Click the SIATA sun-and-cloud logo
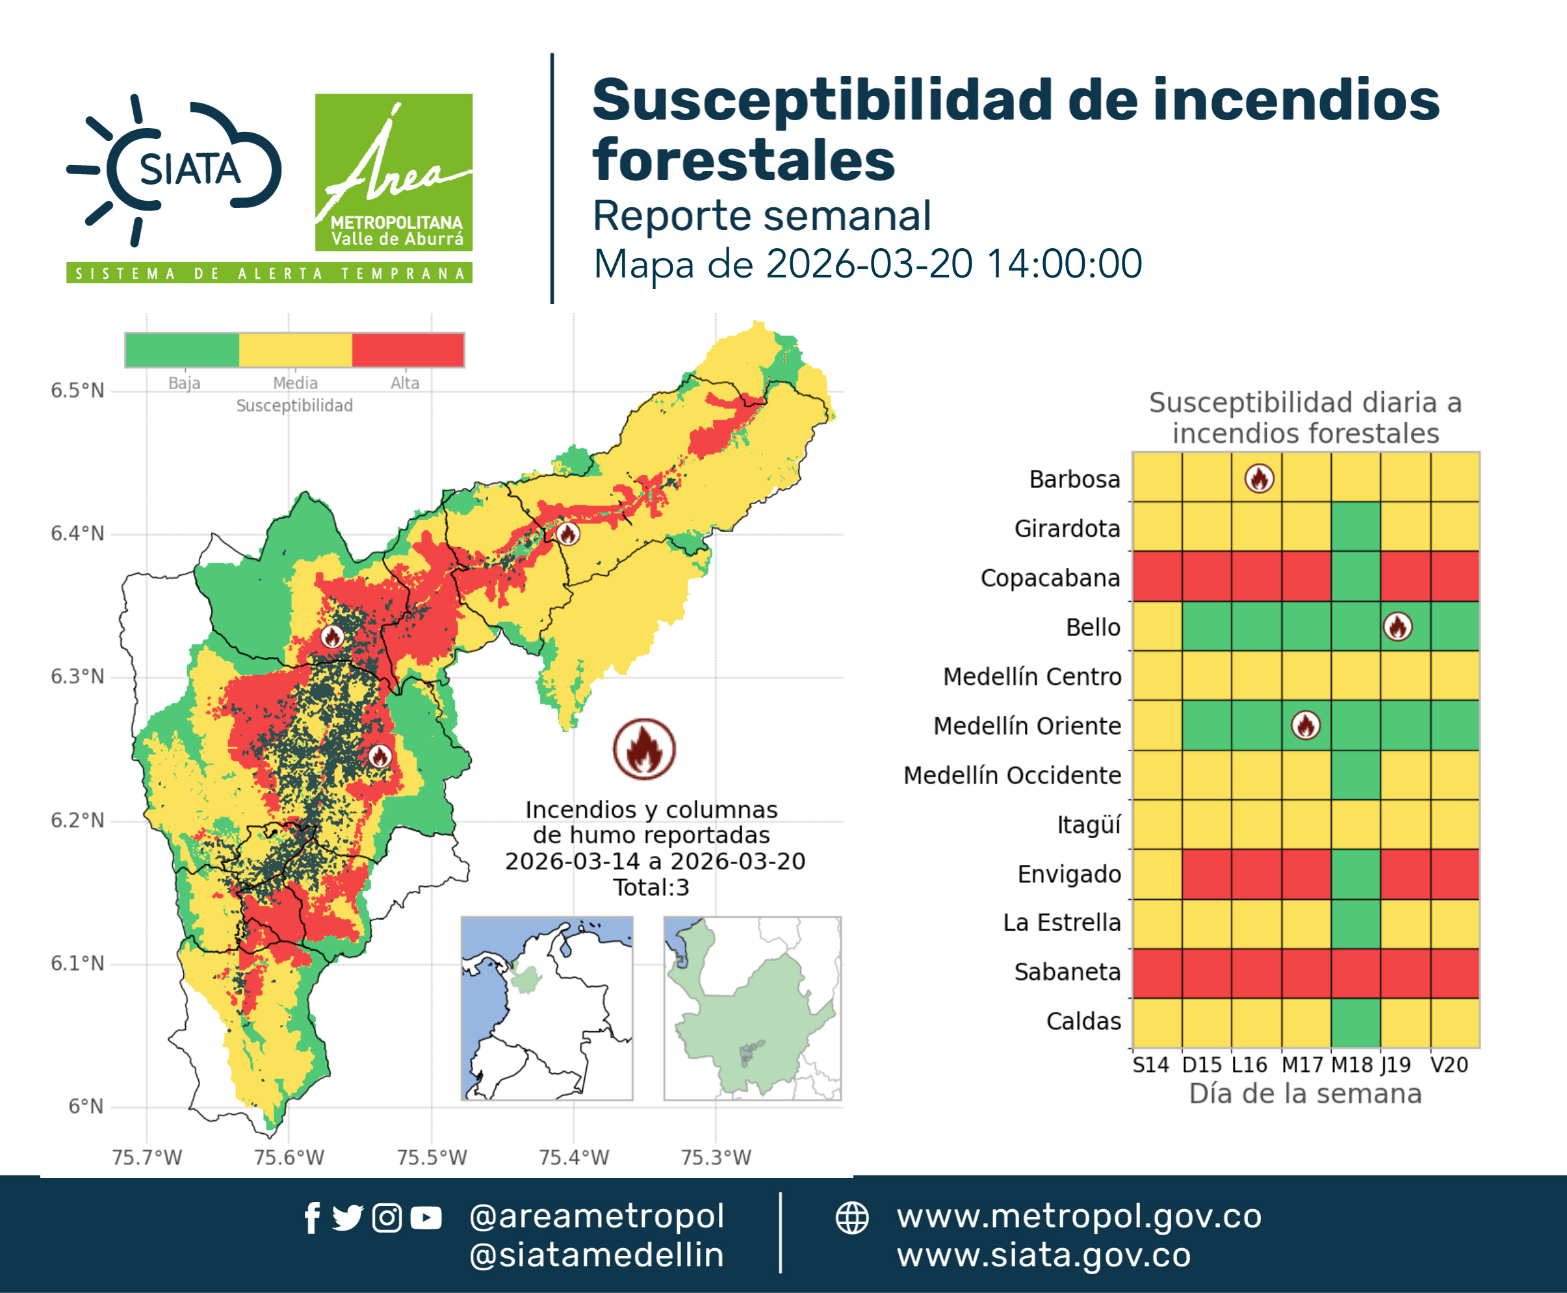(174, 171)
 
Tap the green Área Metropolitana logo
(393, 172)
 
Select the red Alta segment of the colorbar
(408, 350)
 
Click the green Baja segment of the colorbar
(183, 350)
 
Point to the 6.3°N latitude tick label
(77, 676)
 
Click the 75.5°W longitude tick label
(432, 1157)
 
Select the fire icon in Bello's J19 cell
(1398, 626)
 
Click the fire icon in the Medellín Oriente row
(1306, 724)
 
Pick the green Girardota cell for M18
(1355, 526)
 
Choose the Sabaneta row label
(1067, 972)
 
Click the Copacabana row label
(1050, 578)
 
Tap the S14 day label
(1150, 1065)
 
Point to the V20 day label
(1449, 1065)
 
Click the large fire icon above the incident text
(645, 749)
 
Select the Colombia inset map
(547, 1008)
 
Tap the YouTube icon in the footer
(426, 1218)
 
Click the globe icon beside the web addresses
(851, 1218)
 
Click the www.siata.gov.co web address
(1043, 1256)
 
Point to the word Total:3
(651, 888)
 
